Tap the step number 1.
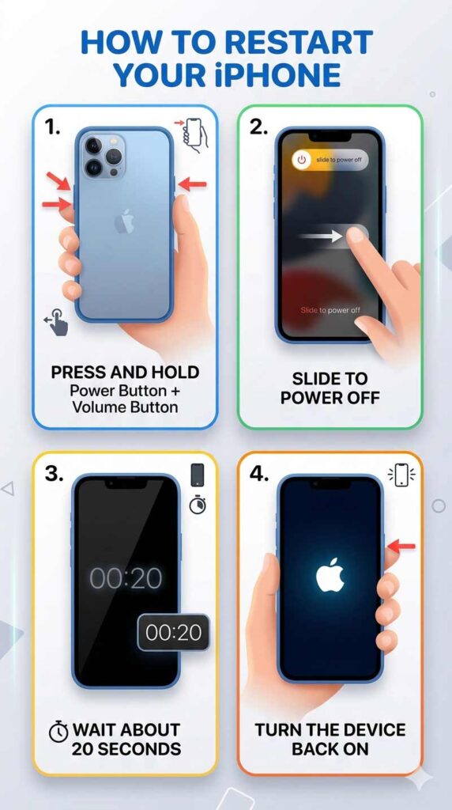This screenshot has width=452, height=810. click(x=52, y=127)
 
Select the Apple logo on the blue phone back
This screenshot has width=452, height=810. click(x=124, y=222)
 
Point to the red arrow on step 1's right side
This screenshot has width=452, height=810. click(x=192, y=184)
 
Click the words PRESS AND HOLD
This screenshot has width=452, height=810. click(x=125, y=372)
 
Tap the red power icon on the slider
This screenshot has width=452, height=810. click(x=301, y=160)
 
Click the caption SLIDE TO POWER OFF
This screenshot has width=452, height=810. click(x=330, y=387)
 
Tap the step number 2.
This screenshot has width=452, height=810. click(x=258, y=127)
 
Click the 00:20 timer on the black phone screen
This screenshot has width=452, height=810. click(x=126, y=578)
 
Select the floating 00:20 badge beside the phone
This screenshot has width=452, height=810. click(x=174, y=632)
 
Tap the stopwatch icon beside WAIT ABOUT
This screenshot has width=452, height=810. click(x=58, y=732)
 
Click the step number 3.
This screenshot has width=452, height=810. click(x=53, y=474)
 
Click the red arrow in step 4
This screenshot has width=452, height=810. click(x=401, y=545)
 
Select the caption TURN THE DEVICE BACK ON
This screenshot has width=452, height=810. click(x=330, y=738)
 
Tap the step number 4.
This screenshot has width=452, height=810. click(x=259, y=474)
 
